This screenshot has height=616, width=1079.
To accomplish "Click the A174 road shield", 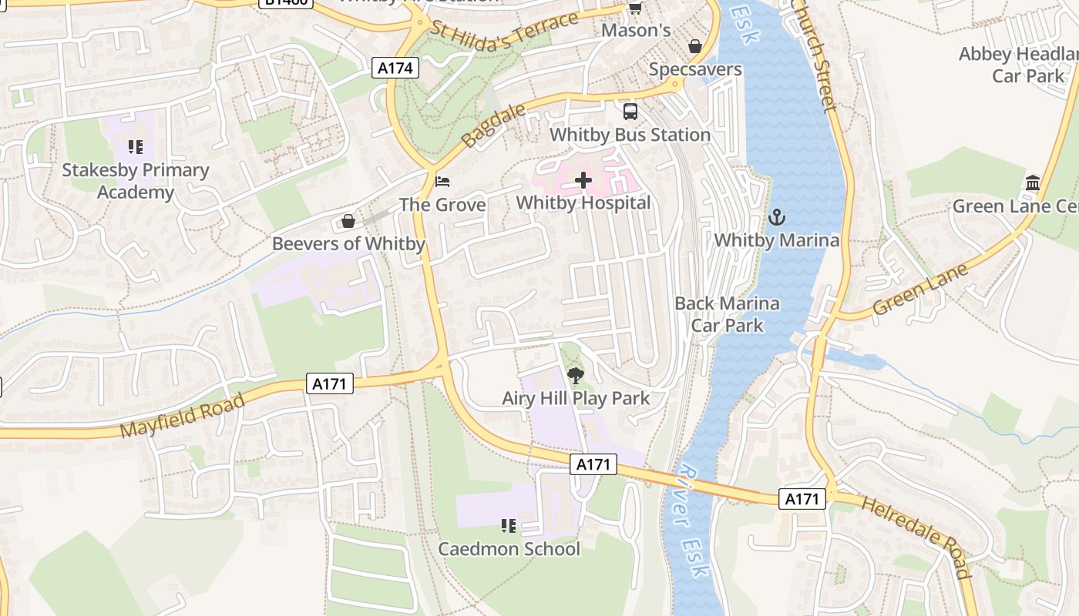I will click(x=396, y=68).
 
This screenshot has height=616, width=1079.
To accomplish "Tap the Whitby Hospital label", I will click(x=583, y=203).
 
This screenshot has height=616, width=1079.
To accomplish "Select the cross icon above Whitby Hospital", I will click(x=583, y=181).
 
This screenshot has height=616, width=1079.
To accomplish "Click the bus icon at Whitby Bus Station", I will click(x=630, y=112).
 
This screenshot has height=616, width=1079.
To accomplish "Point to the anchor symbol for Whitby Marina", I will click(x=776, y=217).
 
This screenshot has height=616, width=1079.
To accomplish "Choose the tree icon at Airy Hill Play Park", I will click(x=575, y=376).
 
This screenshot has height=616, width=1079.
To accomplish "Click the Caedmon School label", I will click(x=509, y=549).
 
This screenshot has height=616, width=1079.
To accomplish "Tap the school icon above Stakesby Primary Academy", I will click(x=136, y=146).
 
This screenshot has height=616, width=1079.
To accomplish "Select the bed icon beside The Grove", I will click(x=442, y=182).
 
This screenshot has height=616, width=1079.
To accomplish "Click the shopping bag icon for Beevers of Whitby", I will click(x=348, y=222).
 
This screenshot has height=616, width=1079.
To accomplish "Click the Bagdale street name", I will click(x=493, y=126).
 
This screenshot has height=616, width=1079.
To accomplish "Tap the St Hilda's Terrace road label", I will click(x=504, y=32).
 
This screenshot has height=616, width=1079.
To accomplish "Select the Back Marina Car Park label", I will click(x=727, y=314).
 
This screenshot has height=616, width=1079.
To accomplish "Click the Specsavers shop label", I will click(x=695, y=69).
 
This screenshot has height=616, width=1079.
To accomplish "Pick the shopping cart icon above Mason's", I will click(x=635, y=8).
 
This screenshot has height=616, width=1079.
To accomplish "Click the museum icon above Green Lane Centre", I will click(x=1033, y=183).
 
